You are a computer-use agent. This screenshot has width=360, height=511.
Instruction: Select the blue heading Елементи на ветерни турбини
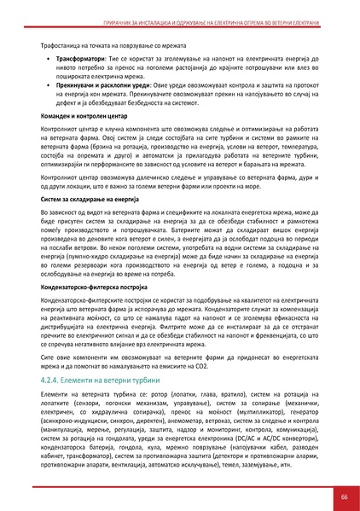point(107,375)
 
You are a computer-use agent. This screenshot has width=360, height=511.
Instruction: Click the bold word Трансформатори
point(83,61)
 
